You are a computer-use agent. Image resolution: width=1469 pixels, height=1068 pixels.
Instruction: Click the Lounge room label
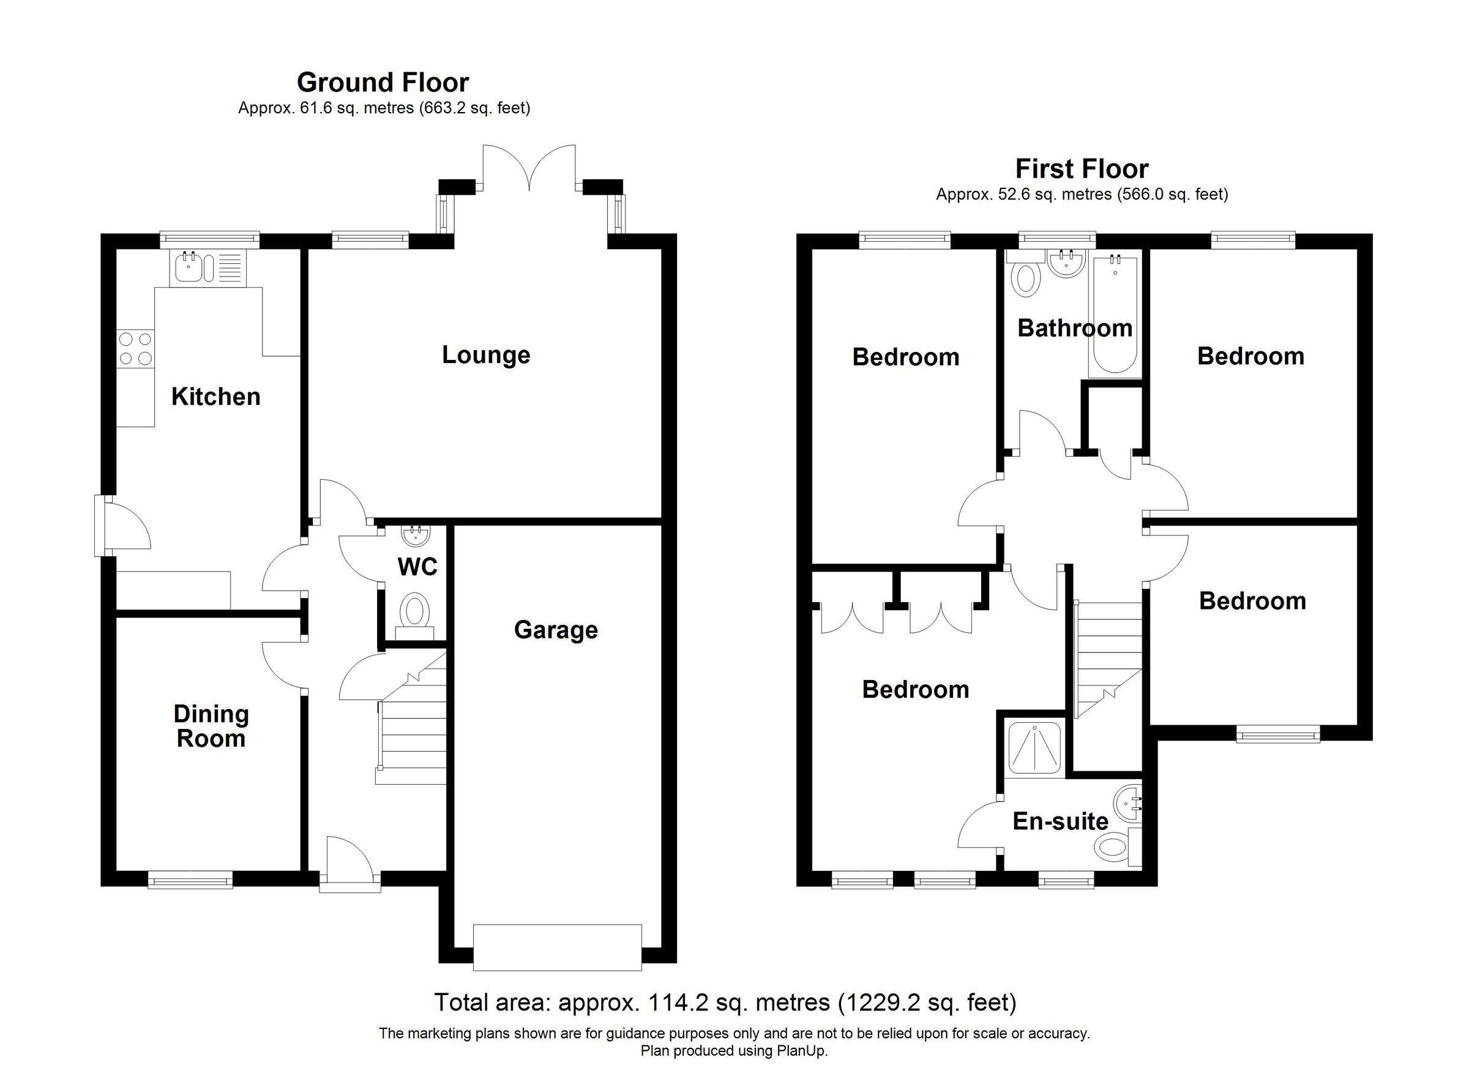(486, 355)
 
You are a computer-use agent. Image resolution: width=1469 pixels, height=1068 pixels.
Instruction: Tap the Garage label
(556, 630)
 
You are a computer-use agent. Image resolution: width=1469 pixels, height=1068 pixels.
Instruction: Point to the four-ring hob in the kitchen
(136, 348)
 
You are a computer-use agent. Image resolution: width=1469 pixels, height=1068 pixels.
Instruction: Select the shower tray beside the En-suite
(1035, 749)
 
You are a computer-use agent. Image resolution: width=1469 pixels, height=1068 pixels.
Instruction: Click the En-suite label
(1060, 821)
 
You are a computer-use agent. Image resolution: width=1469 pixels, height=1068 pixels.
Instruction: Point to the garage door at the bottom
(557, 947)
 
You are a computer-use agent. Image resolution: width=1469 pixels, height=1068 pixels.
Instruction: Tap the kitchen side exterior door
(123, 525)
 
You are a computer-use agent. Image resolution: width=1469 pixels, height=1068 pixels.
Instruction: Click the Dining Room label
(211, 726)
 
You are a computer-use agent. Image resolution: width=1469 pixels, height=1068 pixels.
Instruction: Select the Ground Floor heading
(383, 83)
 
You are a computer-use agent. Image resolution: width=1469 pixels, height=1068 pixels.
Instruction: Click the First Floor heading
(1082, 169)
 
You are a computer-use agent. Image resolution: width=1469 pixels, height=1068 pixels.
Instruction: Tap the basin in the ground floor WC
(414, 535)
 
